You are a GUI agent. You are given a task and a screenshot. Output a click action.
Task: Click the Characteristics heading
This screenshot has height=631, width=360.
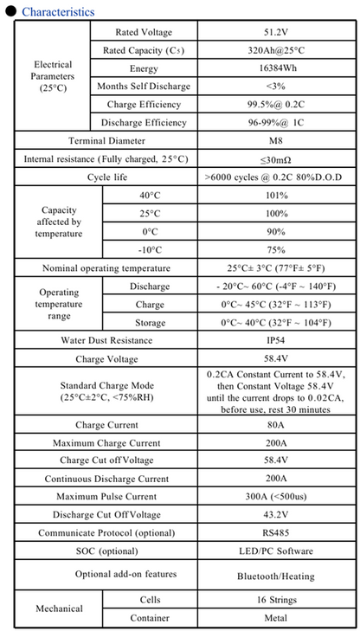coord(58,12)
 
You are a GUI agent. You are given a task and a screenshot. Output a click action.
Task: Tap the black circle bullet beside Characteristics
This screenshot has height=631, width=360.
coord(10,12)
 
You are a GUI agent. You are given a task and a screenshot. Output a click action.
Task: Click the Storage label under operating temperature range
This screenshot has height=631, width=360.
coord(150,322)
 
